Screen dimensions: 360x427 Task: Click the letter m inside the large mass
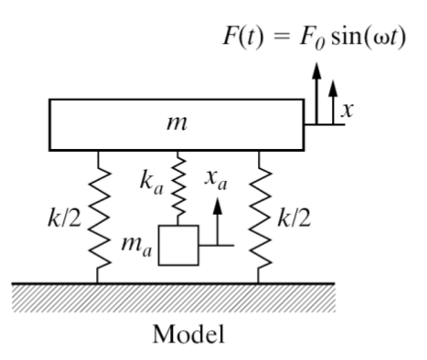[x=170, y=123]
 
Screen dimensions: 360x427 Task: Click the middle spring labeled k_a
[x=179, y=187]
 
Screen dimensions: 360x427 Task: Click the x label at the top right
[x=346, y=110]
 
